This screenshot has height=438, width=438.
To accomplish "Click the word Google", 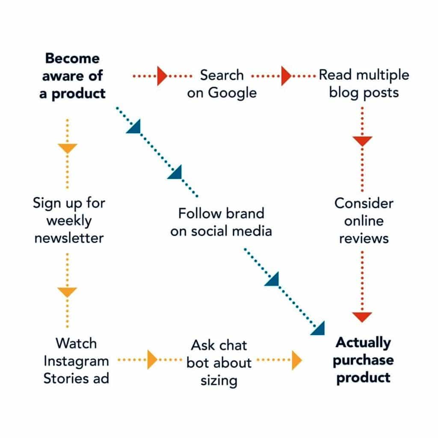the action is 232,93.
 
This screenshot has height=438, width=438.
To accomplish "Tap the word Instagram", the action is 76,361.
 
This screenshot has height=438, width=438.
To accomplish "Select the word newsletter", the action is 69,238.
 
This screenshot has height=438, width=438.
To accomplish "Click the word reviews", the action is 364,239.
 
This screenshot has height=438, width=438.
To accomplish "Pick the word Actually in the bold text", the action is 364,343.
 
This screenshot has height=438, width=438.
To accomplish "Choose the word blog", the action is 343,92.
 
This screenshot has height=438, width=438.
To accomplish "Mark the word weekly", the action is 69,221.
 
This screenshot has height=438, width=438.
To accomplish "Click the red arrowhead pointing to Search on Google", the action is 162,76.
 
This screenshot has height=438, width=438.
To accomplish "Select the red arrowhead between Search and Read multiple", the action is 286,76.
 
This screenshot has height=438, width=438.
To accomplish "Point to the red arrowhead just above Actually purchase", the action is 362,317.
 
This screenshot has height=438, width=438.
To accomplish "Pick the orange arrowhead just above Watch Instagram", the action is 67,292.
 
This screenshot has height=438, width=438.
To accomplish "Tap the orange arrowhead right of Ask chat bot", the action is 297,360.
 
